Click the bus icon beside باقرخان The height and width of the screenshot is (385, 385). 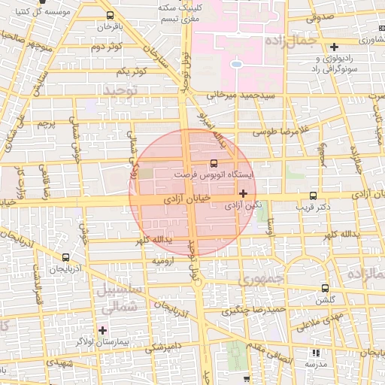[x=111, y=15]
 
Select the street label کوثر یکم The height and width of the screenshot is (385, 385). [x=132, y=70]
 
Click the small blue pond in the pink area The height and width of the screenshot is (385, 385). [x=236, y=64]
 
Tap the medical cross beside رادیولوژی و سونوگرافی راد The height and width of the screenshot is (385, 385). [x=334, y=47]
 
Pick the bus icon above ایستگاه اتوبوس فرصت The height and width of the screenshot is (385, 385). [x=215, y=162]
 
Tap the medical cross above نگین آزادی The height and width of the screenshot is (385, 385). [x=243, y=193]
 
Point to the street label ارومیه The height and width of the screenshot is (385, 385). [x=164, y=261]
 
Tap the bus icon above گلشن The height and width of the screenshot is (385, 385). [x=325, y=288]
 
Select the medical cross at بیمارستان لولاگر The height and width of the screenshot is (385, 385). [x=102, y=330]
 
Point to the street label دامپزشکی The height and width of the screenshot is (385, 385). [x=163, y=347]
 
